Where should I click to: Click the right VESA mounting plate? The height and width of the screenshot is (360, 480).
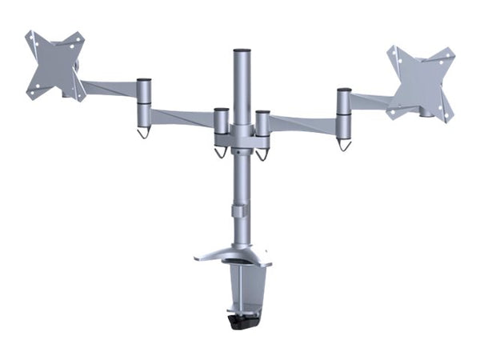click(x=420, y=81)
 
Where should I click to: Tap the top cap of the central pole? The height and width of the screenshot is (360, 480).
click(x=241, y=52)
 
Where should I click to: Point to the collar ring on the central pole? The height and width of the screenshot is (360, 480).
click(x=240, y=212)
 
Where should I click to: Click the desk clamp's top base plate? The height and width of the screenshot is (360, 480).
click(x=232, y=258)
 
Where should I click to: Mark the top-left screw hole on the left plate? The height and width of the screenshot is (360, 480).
click(x=30, y=36)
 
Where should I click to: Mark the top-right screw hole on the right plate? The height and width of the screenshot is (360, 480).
click(x=450, y=55)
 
